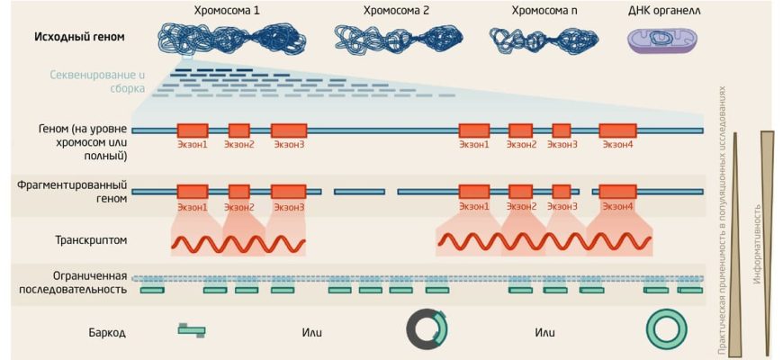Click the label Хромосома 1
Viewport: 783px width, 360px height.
pos(228,11)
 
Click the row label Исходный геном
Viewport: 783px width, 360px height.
pos(79,38)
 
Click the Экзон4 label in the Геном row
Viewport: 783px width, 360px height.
pos(617,145)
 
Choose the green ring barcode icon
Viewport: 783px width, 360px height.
pos(667,329)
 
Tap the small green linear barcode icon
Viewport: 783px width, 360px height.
pos(191,330)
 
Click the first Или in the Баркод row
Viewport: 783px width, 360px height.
pos(312,332)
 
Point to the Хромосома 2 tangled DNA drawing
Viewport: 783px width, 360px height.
pos(395,37)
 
